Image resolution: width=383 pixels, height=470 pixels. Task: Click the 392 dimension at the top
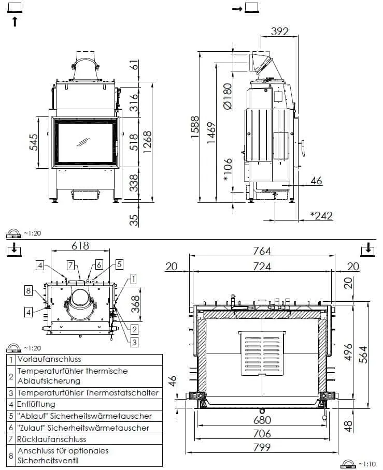coord(279,32)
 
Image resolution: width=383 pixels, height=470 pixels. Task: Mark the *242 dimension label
coord(321,215)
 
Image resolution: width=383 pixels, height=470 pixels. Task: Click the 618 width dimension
coord(80,246)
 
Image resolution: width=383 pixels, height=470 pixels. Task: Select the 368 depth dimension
coord(134,301)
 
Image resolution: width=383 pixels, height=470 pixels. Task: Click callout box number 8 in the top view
coord(29,290)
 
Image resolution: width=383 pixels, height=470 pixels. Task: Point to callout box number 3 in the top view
coord(134,342)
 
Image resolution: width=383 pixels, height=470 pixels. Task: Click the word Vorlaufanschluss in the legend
coord(49,359)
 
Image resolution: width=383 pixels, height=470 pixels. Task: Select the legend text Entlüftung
coord(36,404)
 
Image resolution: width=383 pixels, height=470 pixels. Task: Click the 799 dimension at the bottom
coord(262,448)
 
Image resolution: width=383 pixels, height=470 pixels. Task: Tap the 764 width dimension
coord(262,251)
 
